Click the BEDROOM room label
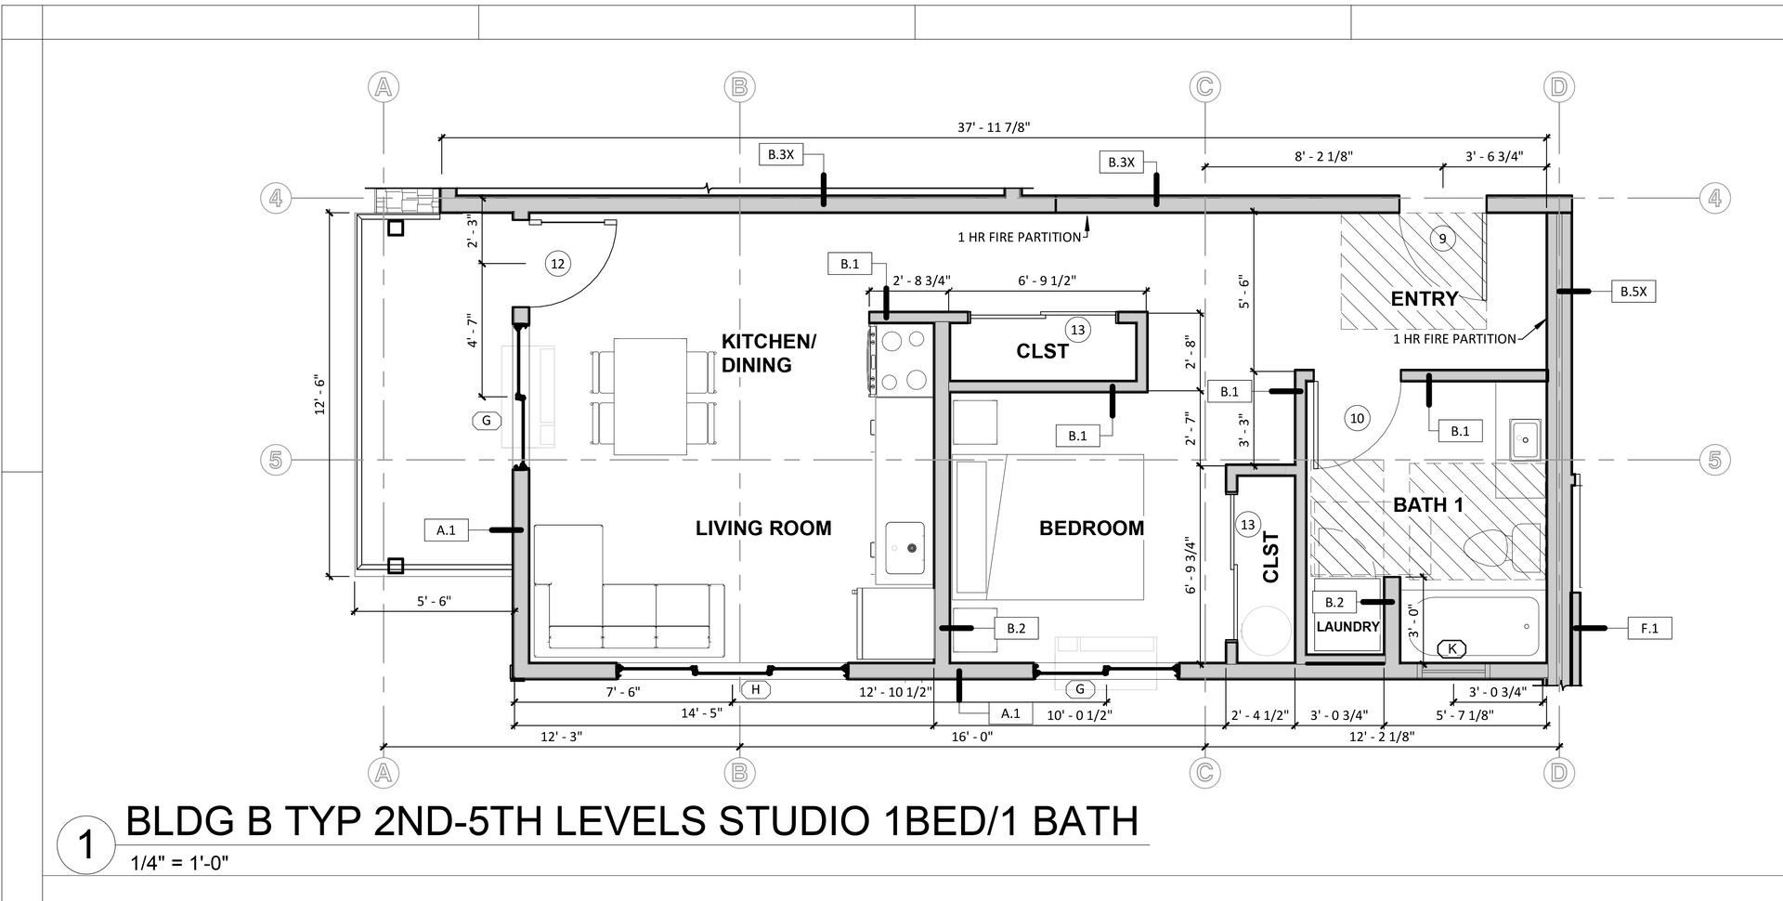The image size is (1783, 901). (1091, 529)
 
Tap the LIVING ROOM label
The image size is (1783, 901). (763, 529)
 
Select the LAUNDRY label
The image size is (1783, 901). (1347, 627)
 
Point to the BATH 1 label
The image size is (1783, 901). (1428, 505)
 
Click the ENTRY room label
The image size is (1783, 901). (1424, 299)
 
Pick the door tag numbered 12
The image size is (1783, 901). (557, 264)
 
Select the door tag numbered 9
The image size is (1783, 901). (1442, 239)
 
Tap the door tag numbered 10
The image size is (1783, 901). (1357, 418)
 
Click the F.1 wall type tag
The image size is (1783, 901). (1649, 629)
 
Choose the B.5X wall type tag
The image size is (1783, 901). (1633, 292)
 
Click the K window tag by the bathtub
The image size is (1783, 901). (1451, 648)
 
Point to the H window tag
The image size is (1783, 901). (756, 689)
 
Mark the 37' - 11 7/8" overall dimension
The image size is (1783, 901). (994, 127)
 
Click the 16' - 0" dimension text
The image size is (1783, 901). (972, 737)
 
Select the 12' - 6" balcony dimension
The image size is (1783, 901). (319, 395)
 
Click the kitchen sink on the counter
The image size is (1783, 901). (905, 548)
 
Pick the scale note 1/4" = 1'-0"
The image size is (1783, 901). (180, 864)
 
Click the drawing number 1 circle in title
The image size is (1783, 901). (86, 846)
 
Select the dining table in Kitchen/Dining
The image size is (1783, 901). (650, 397)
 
